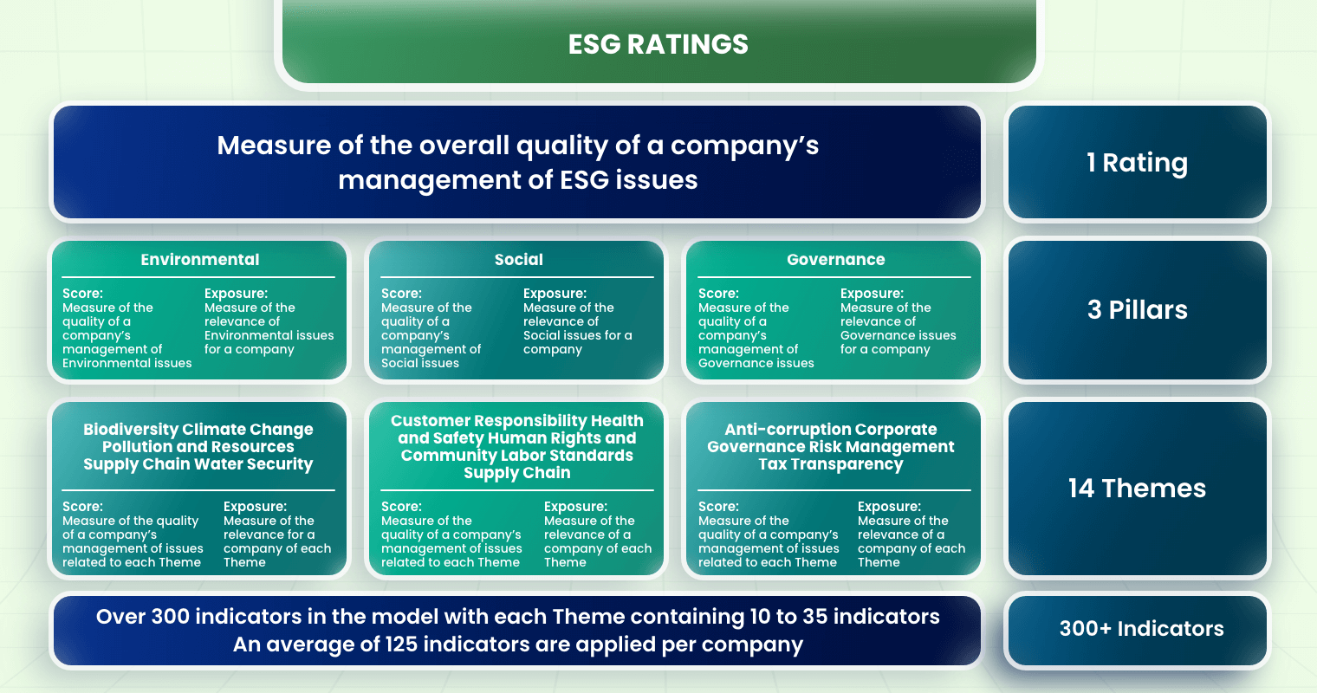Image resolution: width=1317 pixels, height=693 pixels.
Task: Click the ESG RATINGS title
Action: (x=658, y=44)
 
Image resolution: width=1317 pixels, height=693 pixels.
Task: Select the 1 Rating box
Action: (x=1137, y=163)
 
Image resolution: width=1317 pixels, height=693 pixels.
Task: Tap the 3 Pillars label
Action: (x=1137, y=310)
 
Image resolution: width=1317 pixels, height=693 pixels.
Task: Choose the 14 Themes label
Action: (x=1137, y=489)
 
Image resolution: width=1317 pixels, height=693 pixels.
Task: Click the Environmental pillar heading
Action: (x=200, y=260)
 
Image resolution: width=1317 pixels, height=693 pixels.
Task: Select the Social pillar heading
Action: (x=518, y=260)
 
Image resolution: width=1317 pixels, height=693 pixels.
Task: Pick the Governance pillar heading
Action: (x=835, y=260)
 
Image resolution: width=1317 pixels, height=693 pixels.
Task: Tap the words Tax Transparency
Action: (x=831, y=464)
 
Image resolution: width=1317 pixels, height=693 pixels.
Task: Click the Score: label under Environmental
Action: (x=82, y=294)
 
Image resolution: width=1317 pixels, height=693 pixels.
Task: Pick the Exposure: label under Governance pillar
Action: (x=872, y=294)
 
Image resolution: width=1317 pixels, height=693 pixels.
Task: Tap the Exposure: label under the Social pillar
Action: (x=555, y=294)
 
